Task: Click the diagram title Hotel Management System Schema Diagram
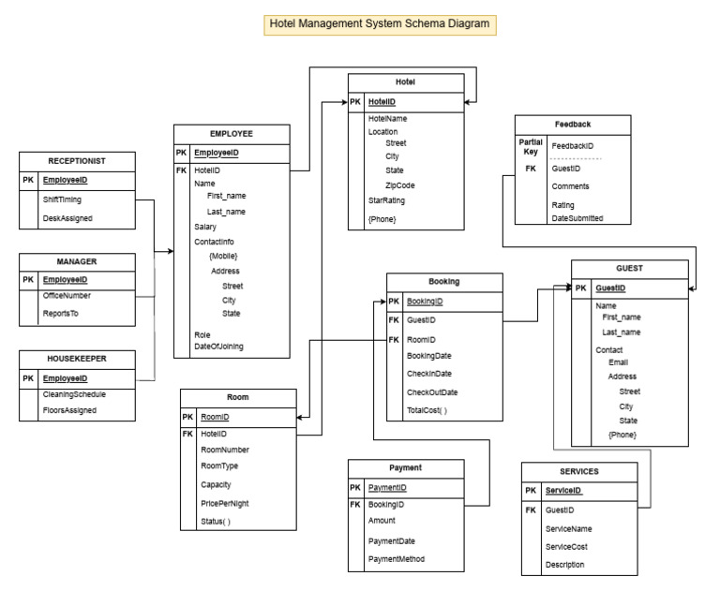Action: pos(379,24)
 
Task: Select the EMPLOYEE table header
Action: pos(231,134)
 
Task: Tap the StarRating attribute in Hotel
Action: pos(386,200)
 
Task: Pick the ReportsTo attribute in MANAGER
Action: pos(60,314)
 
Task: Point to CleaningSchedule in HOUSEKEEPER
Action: pos(74,394)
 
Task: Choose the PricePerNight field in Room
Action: pos(225,503)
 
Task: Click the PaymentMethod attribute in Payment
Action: pos(397,559)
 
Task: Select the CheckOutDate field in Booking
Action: pos(432,392)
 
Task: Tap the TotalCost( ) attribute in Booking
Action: pos(427,410)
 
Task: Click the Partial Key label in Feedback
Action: pos(531,145)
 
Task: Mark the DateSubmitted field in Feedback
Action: pos(577,218)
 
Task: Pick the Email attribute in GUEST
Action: pos(619,362)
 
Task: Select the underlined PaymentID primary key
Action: pos(387,487)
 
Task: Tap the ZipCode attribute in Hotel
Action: pos(400,185)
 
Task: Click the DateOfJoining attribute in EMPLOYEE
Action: pos(218,347)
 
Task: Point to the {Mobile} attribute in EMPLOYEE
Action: pos(223,256)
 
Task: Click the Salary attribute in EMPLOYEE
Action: pos(205,227)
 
